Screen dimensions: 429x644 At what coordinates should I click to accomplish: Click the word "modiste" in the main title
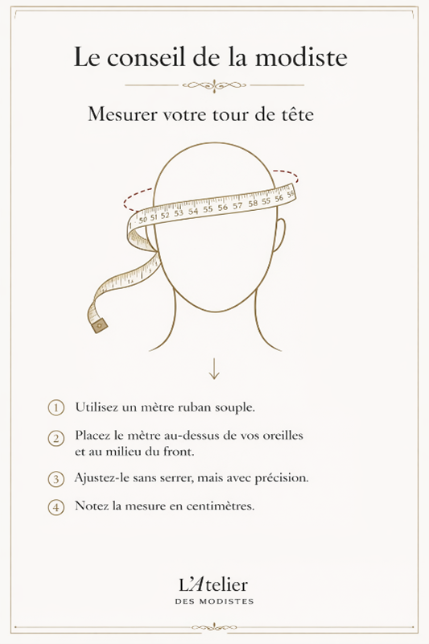[302, 56]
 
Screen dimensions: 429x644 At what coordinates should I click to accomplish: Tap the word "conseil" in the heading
[148, 56]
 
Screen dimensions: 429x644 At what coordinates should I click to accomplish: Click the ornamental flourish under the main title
[214, 85]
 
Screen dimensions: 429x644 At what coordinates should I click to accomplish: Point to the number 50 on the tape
[142, 219]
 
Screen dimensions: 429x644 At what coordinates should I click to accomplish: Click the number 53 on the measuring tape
[179, 213]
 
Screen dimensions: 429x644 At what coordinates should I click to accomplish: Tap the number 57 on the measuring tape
[237, 205]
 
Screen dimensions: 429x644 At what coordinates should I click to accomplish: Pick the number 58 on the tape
[253, 203]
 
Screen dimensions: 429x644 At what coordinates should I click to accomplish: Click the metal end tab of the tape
[99, 325]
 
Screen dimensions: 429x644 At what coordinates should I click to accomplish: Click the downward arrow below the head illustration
[214, 369]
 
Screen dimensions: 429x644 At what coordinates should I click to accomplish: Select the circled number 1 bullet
[56, 408]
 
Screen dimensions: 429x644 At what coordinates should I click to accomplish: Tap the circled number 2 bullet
[56, 438]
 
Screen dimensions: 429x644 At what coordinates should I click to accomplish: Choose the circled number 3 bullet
[56, 479]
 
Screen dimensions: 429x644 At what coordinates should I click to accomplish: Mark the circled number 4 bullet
[56, 507]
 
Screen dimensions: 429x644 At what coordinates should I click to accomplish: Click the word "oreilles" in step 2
[282, 435]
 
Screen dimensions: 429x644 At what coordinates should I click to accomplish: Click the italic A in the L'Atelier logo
[196, 585]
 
